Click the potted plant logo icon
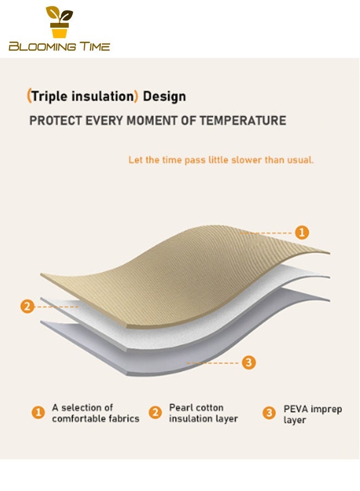click(x=59, y=22)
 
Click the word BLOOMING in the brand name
click(x=42, y=47)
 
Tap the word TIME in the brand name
click(x=94, y=46)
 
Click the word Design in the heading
click(x=164, y=97)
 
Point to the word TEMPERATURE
click(x=243, y=121)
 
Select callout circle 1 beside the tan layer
click(x=302, y=232)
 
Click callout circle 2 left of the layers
click(x=27, y=306)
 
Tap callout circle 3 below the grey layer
click(x=249, y=363)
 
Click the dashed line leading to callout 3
click(x=213, y=363)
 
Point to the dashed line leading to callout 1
click(x=266, y=233)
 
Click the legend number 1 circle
click(x=38, y=412)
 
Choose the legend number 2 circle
click(x=155, y=412)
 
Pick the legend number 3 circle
click(x=269, y=413)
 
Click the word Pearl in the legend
click(x=179, y=408)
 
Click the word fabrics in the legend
click(x=124, y=418)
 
